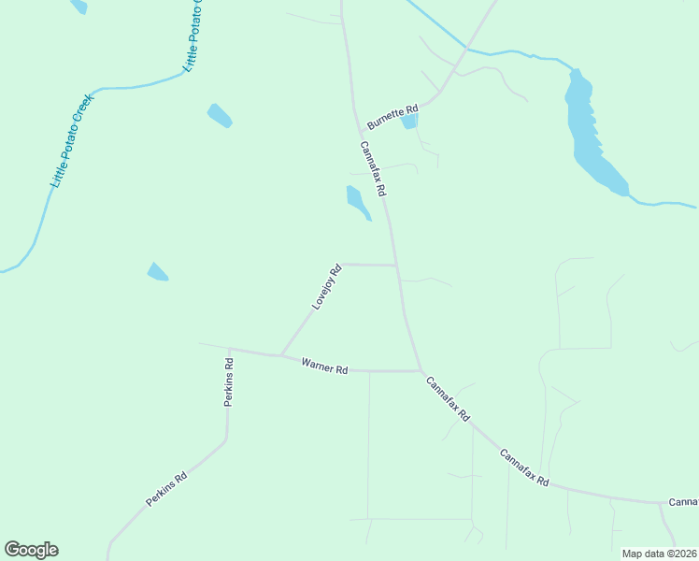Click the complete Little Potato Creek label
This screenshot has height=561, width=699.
point(73,140)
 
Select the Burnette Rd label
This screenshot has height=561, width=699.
point(392,116)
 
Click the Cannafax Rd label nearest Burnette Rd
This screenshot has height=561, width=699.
point(373,168)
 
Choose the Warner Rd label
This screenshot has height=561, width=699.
point(324,366)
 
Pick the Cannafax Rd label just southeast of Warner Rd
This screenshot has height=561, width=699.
point(447,397)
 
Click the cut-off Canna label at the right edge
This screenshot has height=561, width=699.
point(683,502)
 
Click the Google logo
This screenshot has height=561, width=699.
point(31,550)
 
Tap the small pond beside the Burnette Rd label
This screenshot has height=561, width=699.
point(408,121)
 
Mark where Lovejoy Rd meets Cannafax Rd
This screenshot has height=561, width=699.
point(398,266)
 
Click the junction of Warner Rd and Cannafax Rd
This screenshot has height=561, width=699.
point(421,371)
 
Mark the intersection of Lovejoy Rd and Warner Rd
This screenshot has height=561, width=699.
point(282,355)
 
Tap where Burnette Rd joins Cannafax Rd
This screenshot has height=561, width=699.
point(361,131)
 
